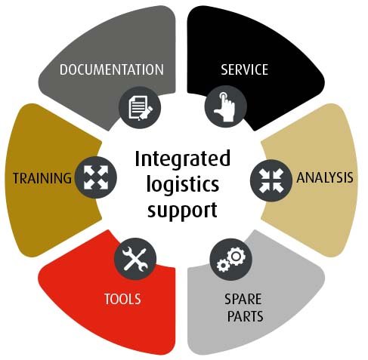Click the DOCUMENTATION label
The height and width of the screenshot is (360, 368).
click(x=112, y=69)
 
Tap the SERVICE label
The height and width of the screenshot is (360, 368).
click(x=244, y=69)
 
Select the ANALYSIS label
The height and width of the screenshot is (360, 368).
click(x=325, y=177)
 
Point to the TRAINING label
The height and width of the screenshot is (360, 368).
click(x=42, y=178)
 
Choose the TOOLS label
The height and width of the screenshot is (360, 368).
click(x=122, y=299)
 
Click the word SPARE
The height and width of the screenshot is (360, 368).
click(x=243, y=299)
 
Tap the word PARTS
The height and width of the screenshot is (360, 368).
click(x=245, y=316)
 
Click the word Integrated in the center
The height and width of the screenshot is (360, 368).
click(x=182, y=159)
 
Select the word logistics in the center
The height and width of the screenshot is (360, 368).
click(x=183, y=186)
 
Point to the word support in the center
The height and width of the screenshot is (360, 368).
click(x=182, y=211)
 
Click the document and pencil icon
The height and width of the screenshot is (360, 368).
click(x=140, y=107)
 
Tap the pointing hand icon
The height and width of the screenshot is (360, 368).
click(x=225, y=106)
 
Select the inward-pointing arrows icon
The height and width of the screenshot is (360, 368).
click(x=271, y=180)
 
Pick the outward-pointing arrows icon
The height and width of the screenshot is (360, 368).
click(x=96, y=177)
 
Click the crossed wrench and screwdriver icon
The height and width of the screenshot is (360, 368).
click(x=135, y=259)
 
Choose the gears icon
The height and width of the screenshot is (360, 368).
click(x=231, y=260)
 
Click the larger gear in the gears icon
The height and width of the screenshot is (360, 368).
click(x=236, y=257)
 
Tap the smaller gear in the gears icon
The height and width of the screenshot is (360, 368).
click(x=223, y=265)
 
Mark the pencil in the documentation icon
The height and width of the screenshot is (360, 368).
click(x=146, y=113)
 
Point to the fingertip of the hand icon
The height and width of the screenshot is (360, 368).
click(x=223, y=94)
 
